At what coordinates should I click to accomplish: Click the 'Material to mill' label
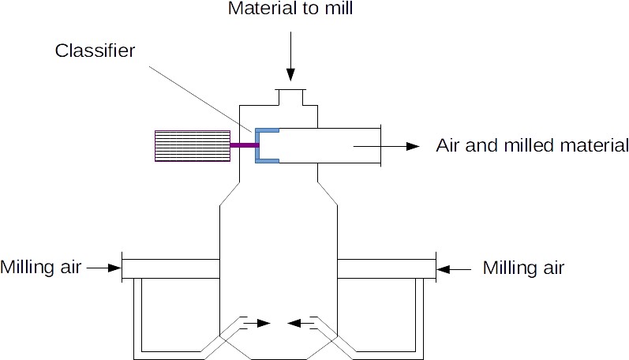click(291, 9)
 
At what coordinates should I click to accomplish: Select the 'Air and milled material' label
click(532, 146)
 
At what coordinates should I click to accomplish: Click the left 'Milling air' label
click(41, 268)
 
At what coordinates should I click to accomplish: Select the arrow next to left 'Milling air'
click(103, 268)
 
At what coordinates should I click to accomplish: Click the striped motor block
click(191, 145)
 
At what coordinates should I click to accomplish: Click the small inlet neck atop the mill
click(291, 96)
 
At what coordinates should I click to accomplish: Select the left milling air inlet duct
click(170, 268)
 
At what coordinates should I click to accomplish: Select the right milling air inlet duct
click(386, 268)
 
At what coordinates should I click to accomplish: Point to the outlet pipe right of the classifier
click(331, 145)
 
